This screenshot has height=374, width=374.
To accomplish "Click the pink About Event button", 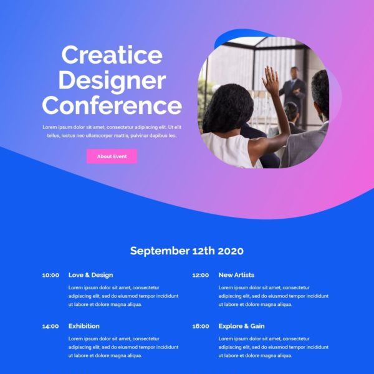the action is point(112,156).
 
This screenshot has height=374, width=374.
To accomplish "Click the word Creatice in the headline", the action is point(112,55).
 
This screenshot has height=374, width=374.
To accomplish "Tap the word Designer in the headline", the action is point(112,81).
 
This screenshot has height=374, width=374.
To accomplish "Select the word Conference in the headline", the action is point(112,105).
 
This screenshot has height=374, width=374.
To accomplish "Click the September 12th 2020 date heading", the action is point(187,251).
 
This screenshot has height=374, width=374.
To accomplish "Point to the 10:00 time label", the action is point(50,276).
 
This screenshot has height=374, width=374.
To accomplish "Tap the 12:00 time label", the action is point(201,276).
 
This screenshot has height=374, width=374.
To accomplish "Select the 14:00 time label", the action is point(50,326).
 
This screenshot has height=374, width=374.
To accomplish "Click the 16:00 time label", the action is point(201,326).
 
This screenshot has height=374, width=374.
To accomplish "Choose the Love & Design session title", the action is point(90,275).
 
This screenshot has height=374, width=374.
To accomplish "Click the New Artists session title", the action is point(236,275).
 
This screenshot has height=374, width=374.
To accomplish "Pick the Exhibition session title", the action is point(84,326).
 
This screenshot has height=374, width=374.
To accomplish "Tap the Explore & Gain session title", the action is point(241,326).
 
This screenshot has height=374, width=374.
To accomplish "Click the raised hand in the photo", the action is point(271,79).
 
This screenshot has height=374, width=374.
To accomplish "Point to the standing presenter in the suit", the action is point(292,93).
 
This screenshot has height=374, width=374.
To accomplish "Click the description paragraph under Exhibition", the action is point(123,347).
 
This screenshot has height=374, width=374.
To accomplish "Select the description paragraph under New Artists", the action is point(274,296).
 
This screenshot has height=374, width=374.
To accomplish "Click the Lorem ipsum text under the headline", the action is point(112,132).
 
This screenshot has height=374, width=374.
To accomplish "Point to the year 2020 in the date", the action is point(231,251).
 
